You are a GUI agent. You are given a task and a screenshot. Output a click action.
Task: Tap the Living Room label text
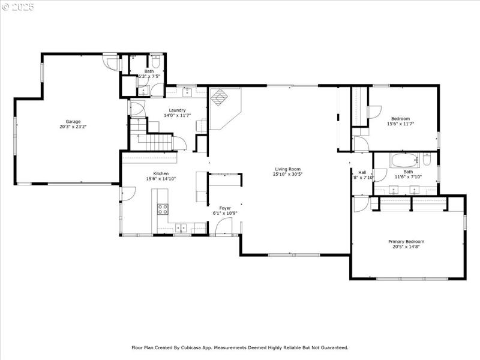287,169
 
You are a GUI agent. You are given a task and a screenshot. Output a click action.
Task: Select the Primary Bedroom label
406,241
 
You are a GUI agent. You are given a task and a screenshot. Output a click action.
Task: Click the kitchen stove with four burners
163,209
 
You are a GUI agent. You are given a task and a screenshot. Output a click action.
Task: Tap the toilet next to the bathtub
427,160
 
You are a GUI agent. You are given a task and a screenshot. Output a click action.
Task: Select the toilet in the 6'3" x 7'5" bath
155,62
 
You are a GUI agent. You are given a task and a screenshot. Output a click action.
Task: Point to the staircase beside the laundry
159,142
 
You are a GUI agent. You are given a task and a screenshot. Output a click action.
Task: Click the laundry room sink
187,92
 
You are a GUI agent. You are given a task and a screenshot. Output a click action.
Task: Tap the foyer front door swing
223,226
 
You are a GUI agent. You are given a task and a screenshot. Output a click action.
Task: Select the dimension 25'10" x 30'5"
287,175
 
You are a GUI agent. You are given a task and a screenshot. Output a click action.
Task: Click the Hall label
362,172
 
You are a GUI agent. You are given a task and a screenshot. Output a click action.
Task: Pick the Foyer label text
225,208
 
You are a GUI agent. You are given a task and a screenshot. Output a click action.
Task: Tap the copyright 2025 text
19,7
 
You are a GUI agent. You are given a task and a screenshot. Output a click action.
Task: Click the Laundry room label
177,110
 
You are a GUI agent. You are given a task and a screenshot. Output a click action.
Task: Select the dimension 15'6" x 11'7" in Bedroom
400,124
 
